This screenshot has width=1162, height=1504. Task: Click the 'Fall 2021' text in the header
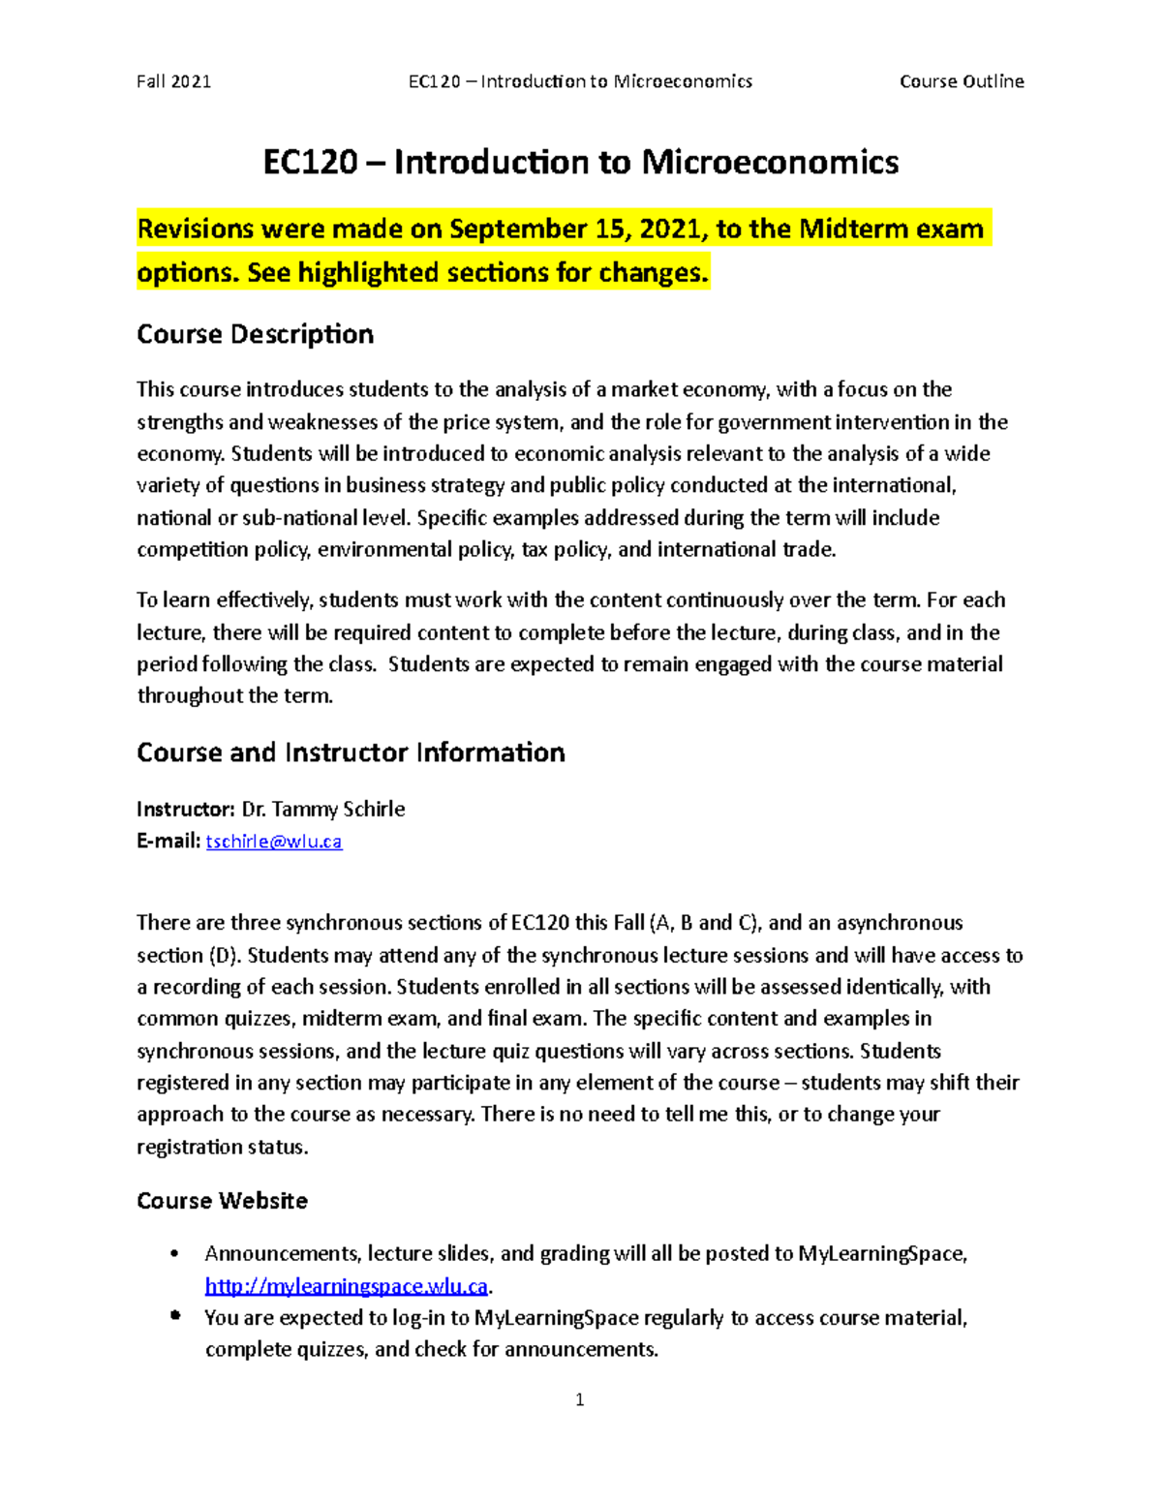173,81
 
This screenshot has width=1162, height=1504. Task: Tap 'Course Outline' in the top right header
961,81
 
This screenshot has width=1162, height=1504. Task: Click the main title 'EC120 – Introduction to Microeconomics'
580,162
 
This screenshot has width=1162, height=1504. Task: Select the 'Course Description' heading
255,334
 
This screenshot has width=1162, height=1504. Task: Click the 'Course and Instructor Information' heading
351,752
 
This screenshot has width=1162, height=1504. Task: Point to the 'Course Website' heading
222,1201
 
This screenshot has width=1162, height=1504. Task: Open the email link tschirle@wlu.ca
274,842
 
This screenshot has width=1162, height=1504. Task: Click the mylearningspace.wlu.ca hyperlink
347,1286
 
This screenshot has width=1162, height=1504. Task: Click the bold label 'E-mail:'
168,842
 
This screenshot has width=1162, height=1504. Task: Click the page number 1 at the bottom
579,1399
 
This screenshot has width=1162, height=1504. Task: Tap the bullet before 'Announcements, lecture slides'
174,1254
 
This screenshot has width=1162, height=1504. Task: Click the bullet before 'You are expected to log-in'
174,1317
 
